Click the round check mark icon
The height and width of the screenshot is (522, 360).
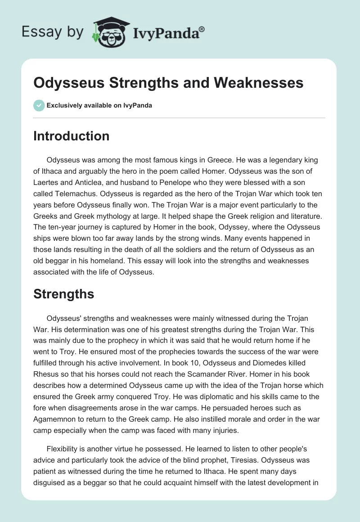point(39,105)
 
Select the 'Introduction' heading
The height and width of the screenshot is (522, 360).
point(71,136)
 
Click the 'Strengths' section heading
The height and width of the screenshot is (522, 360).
point(63,294)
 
